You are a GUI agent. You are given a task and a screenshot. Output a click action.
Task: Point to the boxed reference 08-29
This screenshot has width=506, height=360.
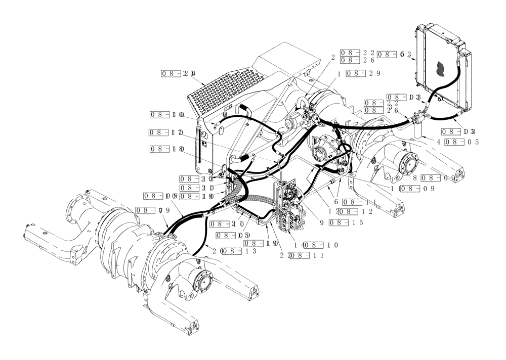click(x=361, y=73)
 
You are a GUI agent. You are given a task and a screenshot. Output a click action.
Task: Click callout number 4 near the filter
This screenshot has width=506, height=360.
click(x=439, y=142)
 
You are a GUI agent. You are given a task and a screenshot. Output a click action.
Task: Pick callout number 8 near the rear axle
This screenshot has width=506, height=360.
click(x=414, y=178)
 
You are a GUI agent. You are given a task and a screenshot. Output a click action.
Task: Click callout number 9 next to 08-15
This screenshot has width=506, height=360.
click(x=322, y=223)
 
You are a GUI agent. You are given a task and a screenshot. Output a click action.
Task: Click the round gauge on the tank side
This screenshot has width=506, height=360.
click(x=203, y=135)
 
